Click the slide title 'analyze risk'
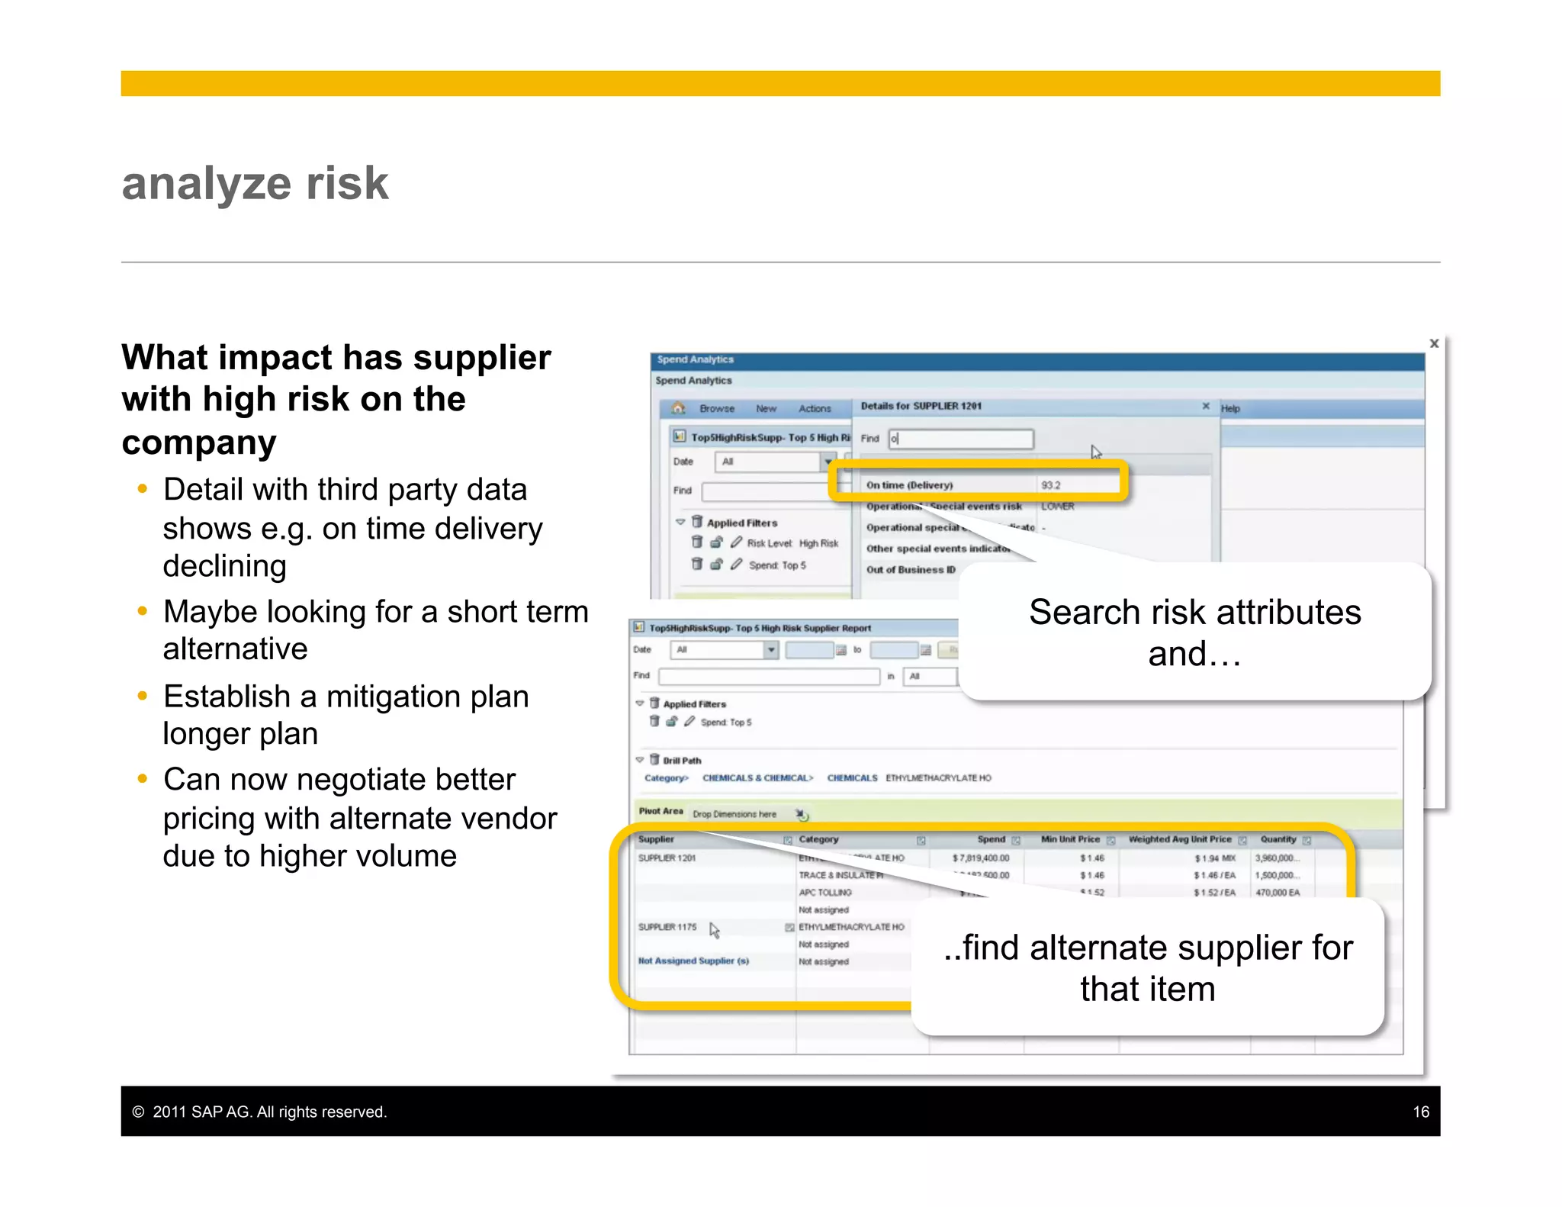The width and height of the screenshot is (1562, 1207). click(255, 184)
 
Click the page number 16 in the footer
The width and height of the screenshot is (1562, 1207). click(1420, 1112)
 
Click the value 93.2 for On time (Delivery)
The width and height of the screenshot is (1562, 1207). click(1050, 485)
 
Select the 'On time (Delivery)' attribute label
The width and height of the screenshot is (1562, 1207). click(909, 485)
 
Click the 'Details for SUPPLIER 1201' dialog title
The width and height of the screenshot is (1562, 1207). click(921, 406)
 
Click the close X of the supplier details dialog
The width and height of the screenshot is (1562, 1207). click(1205, 406)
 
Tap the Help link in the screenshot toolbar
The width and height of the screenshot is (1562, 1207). click(1229, 408)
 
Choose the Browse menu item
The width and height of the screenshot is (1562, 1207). click(716, 409)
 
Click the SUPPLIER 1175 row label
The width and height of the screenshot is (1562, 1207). click(667, 927)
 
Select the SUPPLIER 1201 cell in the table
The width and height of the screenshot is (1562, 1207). click(667, 858)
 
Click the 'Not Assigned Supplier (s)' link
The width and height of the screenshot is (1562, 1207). click(693, 961)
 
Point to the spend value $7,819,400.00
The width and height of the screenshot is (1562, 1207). click(980, 858)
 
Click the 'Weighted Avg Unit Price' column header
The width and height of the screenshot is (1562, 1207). click(1179, 839)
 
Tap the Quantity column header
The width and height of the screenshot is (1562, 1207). click(1278, 839)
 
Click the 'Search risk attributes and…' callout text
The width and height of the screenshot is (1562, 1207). click(1194, 632)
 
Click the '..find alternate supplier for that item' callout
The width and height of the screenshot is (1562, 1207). click(1147, 967)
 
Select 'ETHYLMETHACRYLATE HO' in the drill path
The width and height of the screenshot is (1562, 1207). click(938, 778)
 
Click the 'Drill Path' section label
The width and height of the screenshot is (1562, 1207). click(681, 761)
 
